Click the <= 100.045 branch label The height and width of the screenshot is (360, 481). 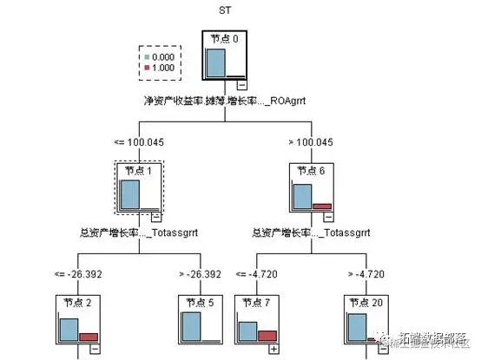pos(140,141)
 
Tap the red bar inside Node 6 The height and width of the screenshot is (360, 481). pos(322,206)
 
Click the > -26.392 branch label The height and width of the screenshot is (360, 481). pos(200,273)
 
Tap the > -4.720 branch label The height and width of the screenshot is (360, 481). pos(372,273)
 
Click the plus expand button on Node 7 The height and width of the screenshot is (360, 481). pos(275,349)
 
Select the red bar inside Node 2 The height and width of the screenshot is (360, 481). pos(89,337)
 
